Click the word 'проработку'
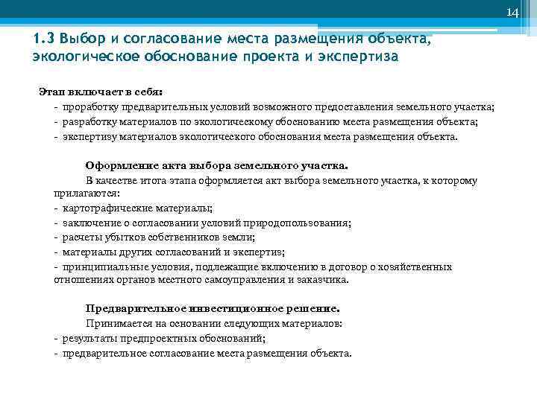(89, 108)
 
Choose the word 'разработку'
(89, 122)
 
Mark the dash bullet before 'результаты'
(57, 339)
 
